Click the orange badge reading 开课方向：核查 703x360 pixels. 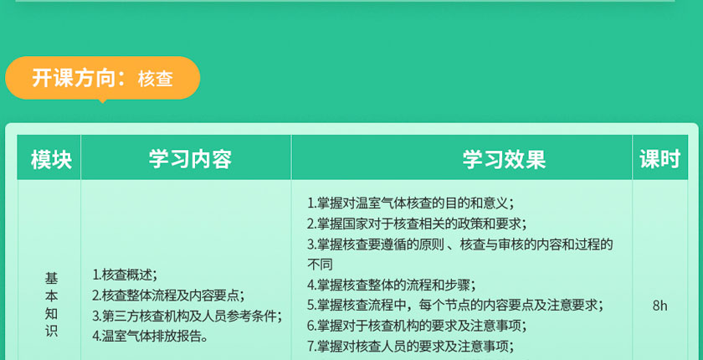(102, 78)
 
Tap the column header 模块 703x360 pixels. (51, 160)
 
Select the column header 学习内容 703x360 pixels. (190, 159)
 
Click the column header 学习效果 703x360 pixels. (504, 159)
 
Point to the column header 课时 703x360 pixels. (660, 159)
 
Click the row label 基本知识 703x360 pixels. (51, 305)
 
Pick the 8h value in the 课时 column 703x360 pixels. (660, 306)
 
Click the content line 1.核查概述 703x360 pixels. (125, 275)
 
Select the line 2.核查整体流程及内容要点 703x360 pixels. (168, 296)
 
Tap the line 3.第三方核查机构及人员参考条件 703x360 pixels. (187, 316)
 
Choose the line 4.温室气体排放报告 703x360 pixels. (150, 337)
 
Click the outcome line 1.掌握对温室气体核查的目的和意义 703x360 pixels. (410, 203)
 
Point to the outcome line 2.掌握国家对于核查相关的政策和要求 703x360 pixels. (417, 224)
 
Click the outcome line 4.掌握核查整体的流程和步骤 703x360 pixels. (392, 285)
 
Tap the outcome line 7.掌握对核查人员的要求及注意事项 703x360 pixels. (410, 346)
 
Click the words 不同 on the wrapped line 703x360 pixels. (320, 265)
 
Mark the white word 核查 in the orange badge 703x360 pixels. (156, 79)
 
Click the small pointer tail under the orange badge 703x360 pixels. (103, 100)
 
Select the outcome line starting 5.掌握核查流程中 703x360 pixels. (455, 306)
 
